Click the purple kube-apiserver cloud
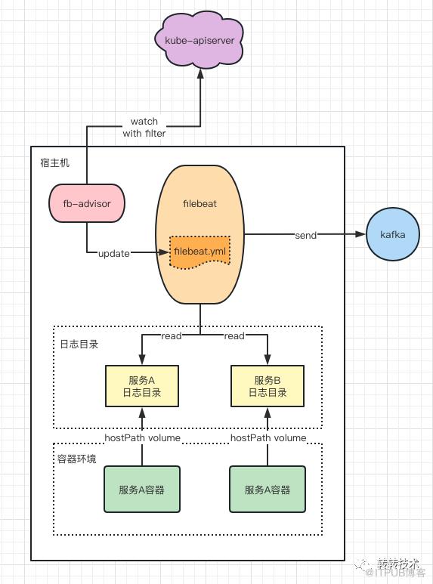(199, 40)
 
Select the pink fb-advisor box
(87, 203)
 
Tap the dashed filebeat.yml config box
(199, 252)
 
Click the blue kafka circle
(393, 234)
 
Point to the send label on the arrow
(305, 235)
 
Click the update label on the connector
(114, 254)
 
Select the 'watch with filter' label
(144, 127)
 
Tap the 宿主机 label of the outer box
(54, 162)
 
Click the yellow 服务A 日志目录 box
(142, 386)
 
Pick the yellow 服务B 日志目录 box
(268, 386)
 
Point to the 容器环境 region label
(77, 459)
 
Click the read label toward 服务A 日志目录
(172, 335)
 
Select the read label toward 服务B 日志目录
(234, 335)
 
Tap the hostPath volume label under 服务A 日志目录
(142, 437)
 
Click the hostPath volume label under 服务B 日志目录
(268, 437)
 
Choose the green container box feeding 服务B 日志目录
(268, 490)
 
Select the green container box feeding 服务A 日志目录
(142, 490)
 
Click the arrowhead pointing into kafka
(360, 234)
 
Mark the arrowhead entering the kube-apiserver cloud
(200, 73)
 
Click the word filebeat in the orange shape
(199, 203)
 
